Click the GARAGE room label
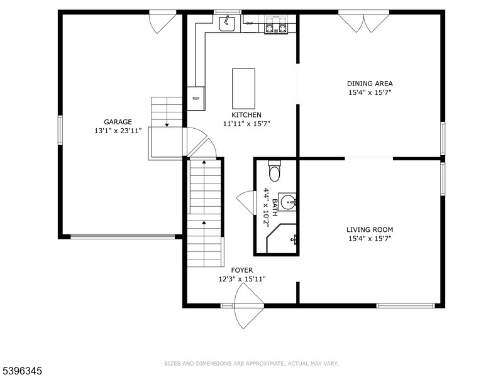[x=118, y=122]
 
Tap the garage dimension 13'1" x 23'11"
[x=118, y=131]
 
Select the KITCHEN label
[x=246, y=115]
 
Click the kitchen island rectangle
[x=243, y=89]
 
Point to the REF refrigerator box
[x=196, y=98]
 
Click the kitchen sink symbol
[x=226, y=23]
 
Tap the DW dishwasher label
[x=250, y=23]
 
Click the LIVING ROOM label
[x=370, y=230]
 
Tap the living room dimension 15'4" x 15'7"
[x=370, y=239]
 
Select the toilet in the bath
[x=274, y=171]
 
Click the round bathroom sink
[x=287, y=202]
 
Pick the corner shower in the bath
[x=280, y=239]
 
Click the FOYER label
[x=242, y=270]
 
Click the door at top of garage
[x=162, y=21]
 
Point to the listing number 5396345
[x=21, y=371]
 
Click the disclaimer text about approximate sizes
[x=251, y=363]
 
